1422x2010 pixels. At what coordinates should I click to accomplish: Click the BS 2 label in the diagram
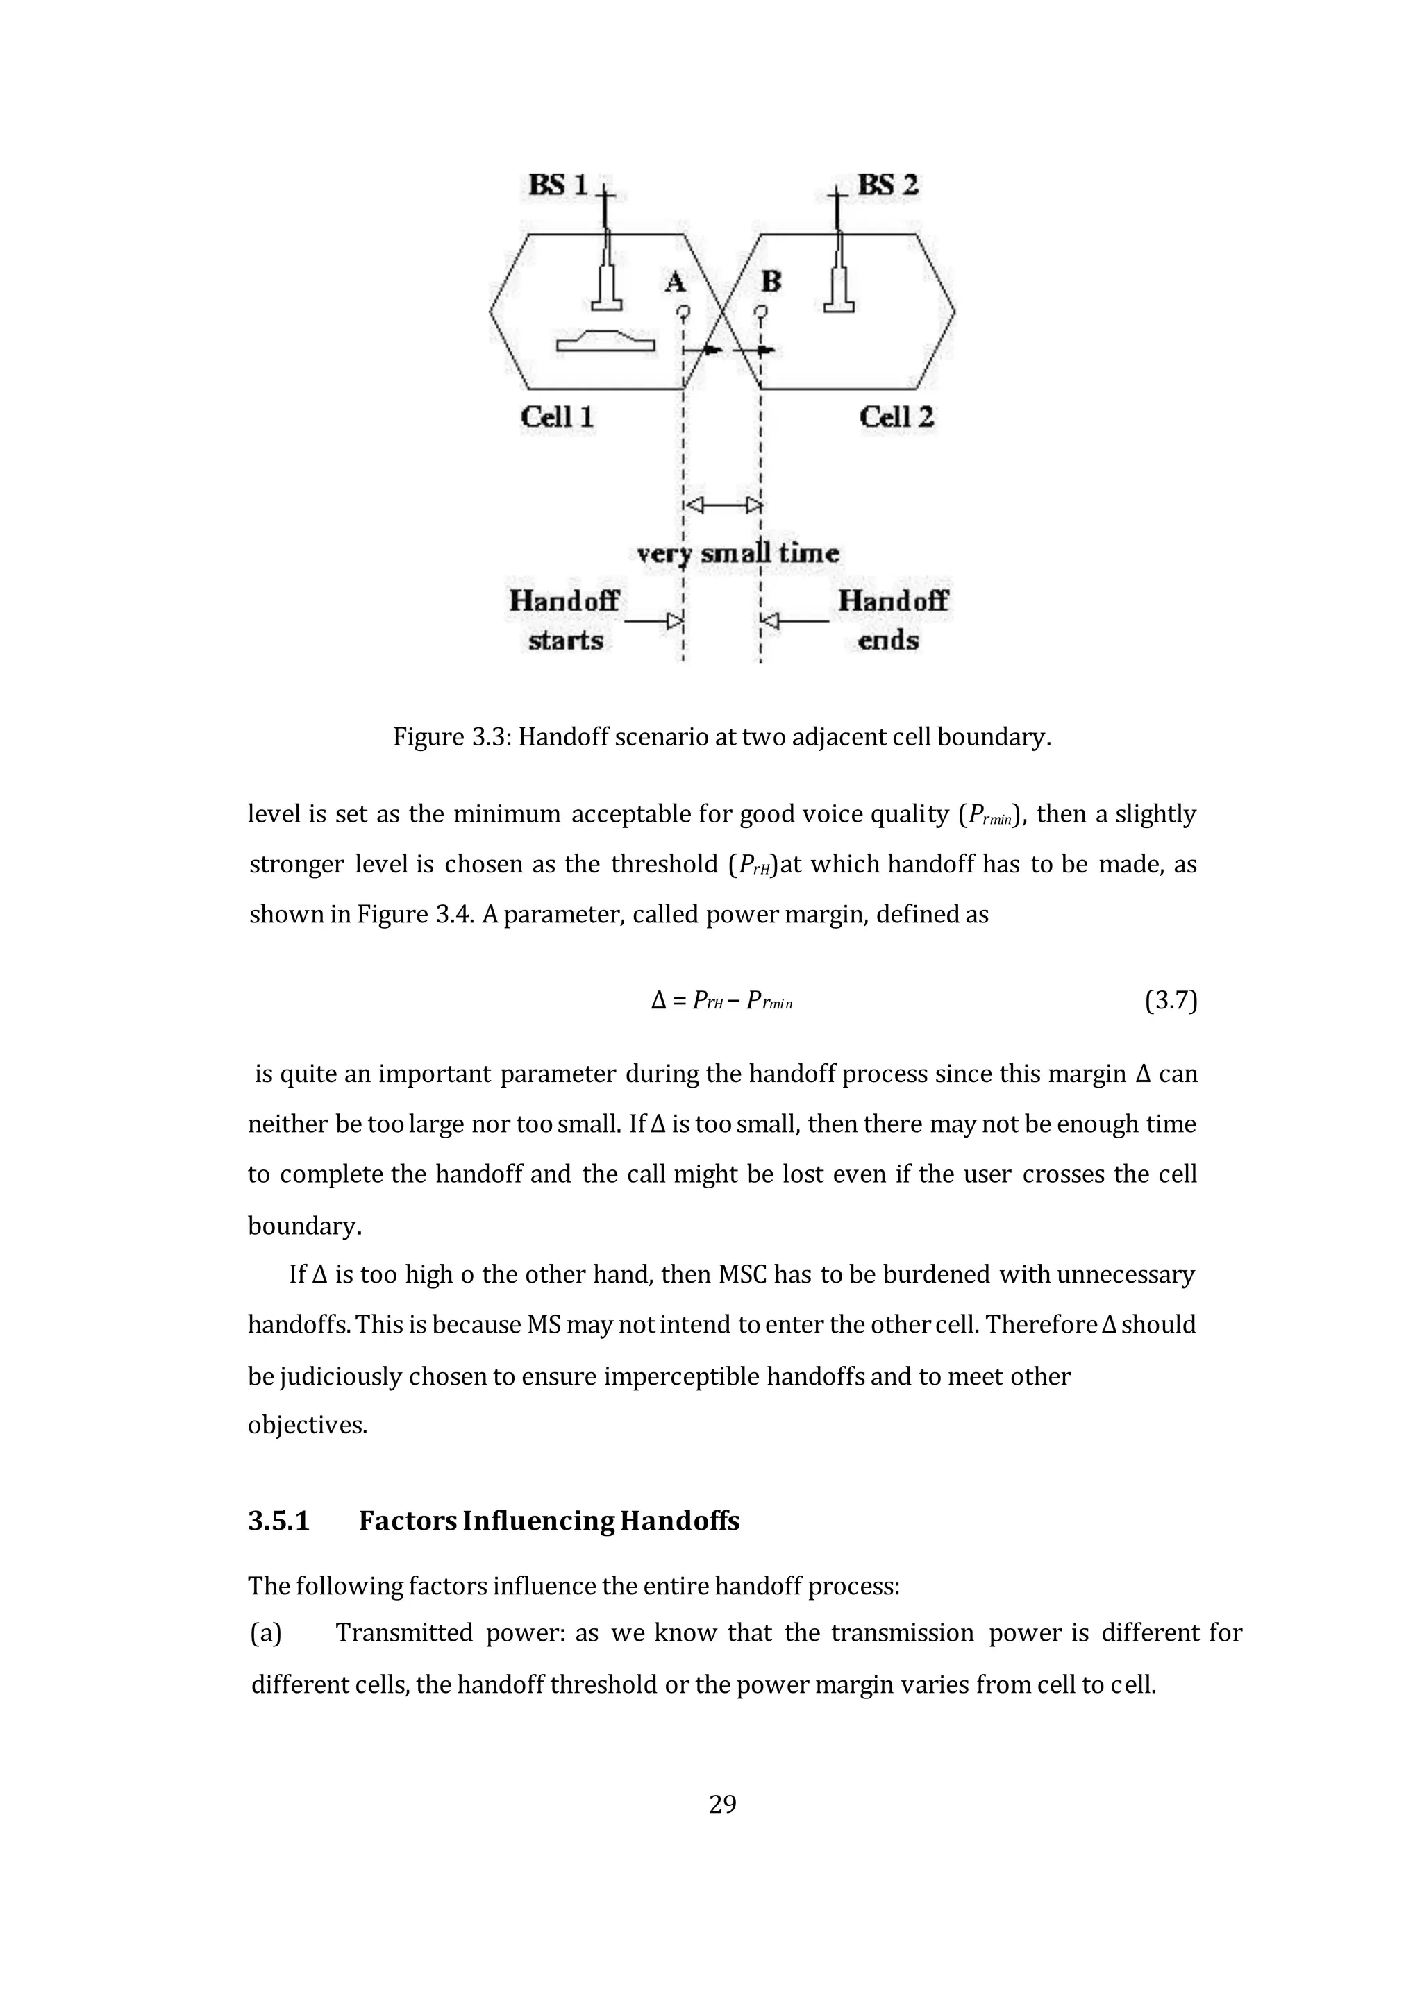coord(887,185)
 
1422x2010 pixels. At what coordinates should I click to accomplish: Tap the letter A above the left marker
coord(674,282)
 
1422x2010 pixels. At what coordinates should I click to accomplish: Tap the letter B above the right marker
coord(771,282)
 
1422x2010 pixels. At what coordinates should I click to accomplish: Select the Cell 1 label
coord(557,416)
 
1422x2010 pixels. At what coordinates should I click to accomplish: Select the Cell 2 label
coord(896,416)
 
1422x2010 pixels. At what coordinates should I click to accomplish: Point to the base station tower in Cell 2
coord(839,262)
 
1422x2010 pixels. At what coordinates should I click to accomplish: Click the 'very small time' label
coord(737,553)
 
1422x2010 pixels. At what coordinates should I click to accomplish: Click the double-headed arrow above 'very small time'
coord(722,505)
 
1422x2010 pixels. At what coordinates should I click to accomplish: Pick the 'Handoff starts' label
coord(564,620)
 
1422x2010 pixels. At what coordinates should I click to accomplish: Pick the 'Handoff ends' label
coord(892,620)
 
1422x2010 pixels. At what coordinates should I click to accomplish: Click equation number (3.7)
coord(1170,1001)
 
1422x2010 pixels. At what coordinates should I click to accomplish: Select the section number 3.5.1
coord(278,1521)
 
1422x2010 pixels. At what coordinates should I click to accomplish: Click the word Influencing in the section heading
coord(537,1521)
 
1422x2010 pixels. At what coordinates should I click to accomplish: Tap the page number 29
coord(722,1805)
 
